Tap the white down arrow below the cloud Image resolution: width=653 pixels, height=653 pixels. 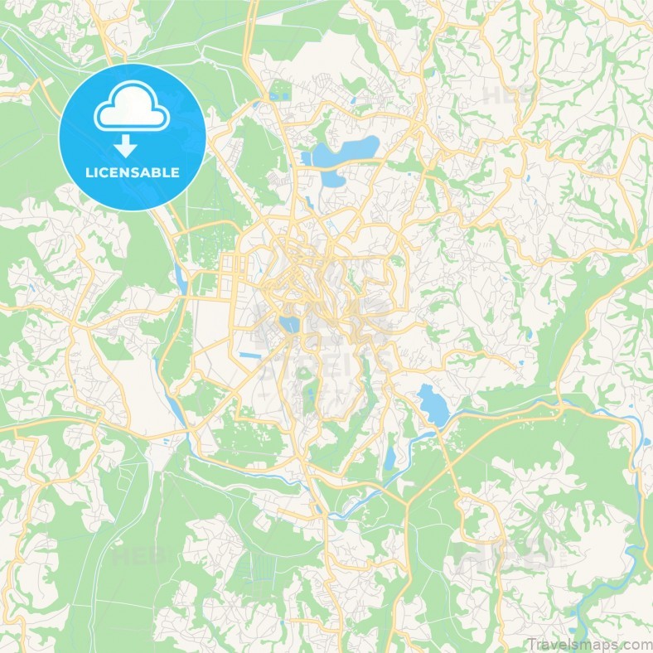[x=126, y=147]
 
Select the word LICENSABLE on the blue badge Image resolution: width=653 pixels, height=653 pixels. [x=133, y=173]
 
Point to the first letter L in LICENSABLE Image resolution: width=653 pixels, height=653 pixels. [x=89, y=173]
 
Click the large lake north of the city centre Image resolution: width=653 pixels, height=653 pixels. [x=343, y=154]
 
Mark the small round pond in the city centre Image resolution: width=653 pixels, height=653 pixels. [x=291, y=324]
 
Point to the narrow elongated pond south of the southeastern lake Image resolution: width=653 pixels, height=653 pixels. [x=390, y=458]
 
